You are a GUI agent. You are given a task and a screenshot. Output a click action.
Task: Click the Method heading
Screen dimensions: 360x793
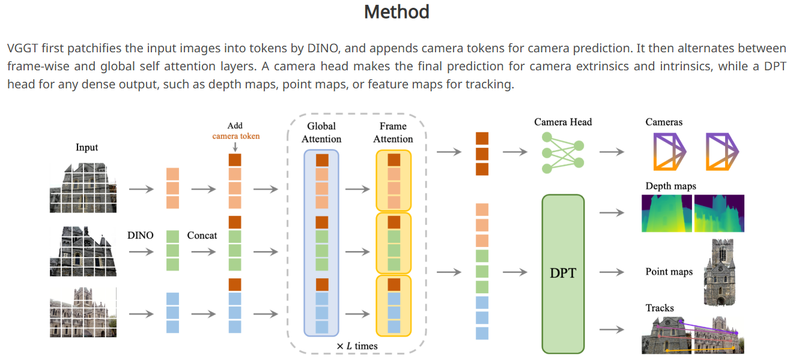pyautogui.click(x=396, y=12)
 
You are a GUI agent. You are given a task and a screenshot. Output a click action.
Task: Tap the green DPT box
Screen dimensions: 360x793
pyautogui.click(x=563, y=273)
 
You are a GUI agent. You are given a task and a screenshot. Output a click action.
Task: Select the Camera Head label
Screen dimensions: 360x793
pyautogui.click(x=563, y=122)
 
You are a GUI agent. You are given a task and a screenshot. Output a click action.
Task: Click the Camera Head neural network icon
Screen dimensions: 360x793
pyautogui.click(x=563, y=153)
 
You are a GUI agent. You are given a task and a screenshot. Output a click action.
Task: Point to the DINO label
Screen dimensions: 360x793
pyautogui.click(x=141, y=236)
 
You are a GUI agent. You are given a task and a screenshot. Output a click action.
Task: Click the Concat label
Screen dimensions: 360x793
pyautogui.click(x=202, y=236)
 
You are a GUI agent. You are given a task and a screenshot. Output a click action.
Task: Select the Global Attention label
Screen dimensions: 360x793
pyautogui.click(x=321, y=132)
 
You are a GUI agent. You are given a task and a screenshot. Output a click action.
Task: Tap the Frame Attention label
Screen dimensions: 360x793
pyautogui.click(x=393, y=132)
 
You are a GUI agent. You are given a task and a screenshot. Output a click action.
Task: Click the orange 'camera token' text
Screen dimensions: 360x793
pyautogui.click(x=236, y=136)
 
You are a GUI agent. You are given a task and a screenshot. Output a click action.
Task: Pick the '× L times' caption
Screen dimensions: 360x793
pyautogui.click(x=357, y=346)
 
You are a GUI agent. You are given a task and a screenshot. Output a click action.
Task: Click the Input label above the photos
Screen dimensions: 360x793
pyautogui.click(x=87, y=147)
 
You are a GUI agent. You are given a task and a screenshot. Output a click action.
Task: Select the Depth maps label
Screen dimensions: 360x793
pyautogui.click(x=670, y=186)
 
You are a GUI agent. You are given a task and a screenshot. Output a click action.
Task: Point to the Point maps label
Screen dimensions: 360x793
pyautogui.click(x=669, y=272)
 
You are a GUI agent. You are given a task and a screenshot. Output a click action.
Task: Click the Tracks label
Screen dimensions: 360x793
pyautogui.click(x=660, y=308)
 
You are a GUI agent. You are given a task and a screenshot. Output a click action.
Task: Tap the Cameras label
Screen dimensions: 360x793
pyautogui.click(x=664, y=122)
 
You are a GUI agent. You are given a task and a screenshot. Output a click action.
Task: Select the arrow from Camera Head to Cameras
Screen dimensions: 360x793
pyautogui.click(x=612, y=152)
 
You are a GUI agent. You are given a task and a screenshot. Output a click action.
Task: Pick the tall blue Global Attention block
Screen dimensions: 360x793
pyautogui.click(x=321, y=242)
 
